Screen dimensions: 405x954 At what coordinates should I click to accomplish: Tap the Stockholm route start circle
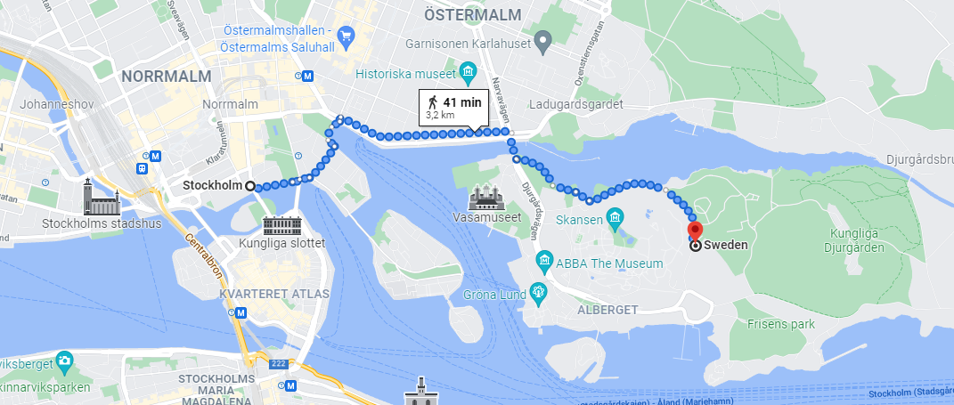(x=249, y=186)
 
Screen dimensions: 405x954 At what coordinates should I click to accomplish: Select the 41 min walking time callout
(x=453, y=108)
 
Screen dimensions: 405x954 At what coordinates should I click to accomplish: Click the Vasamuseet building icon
(x=486, y=197)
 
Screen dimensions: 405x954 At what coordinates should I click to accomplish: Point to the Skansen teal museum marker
(x=615, y=218)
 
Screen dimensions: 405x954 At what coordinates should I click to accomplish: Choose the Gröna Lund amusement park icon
(x=538, y=291)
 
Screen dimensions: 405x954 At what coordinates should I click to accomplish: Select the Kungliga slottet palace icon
(x=282, y=223)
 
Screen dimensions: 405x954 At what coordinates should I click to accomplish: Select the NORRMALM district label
(x=167, y=77)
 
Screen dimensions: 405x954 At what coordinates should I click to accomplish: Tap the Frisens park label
(x=780, y=325)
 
